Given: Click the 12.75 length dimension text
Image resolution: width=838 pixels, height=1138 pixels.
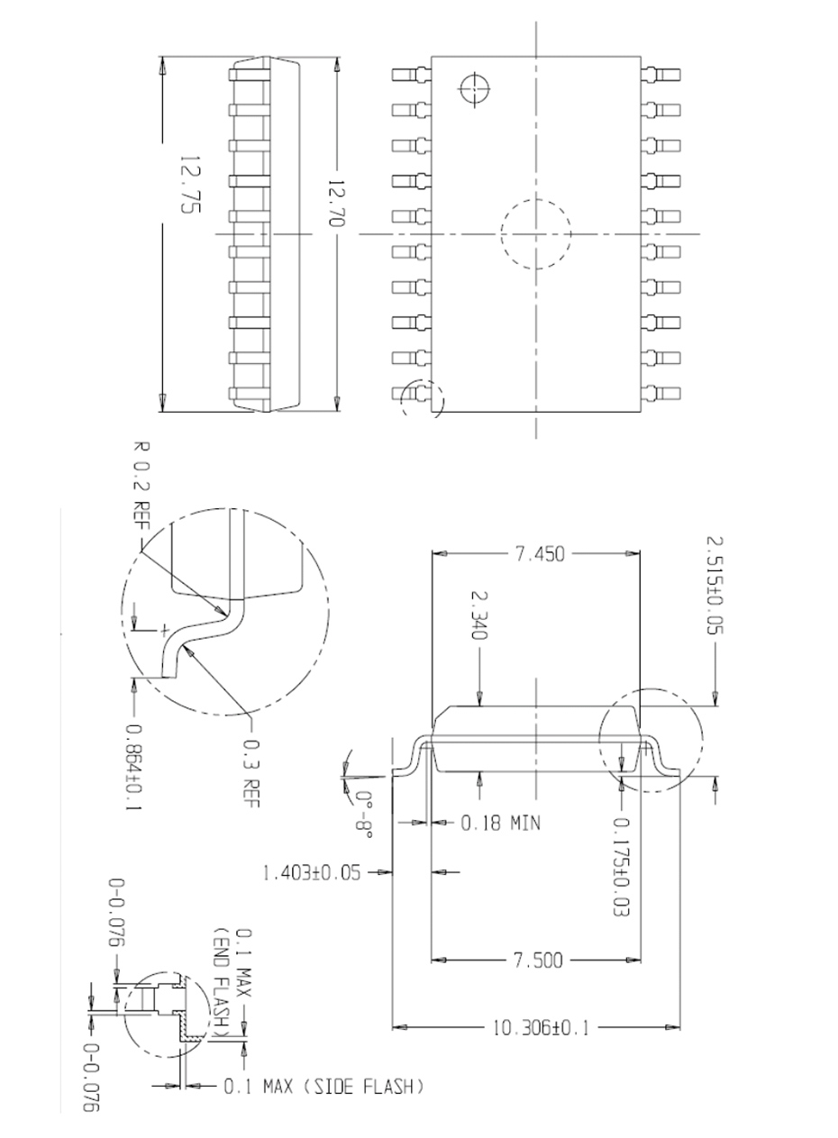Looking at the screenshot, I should [189, 185].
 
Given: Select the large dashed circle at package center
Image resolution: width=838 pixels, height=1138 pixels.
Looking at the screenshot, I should [536, 233].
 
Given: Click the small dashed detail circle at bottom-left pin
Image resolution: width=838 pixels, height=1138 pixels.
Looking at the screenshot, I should [422, 397].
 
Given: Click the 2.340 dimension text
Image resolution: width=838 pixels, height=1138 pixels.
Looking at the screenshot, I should [478, 616].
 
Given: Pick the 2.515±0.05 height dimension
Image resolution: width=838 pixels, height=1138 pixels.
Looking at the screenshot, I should [714, 586].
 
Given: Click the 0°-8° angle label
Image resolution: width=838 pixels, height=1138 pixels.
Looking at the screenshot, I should [363, 814].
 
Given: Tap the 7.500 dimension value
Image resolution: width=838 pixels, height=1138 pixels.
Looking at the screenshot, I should [538, 960].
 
